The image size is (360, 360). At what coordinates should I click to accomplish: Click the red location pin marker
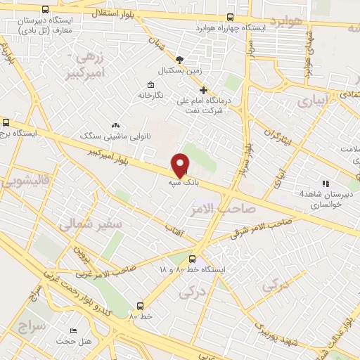(181, 165)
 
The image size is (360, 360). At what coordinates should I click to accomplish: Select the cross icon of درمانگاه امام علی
(204, 89)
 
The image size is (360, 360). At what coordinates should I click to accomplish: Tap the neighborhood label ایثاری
(311, 102)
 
